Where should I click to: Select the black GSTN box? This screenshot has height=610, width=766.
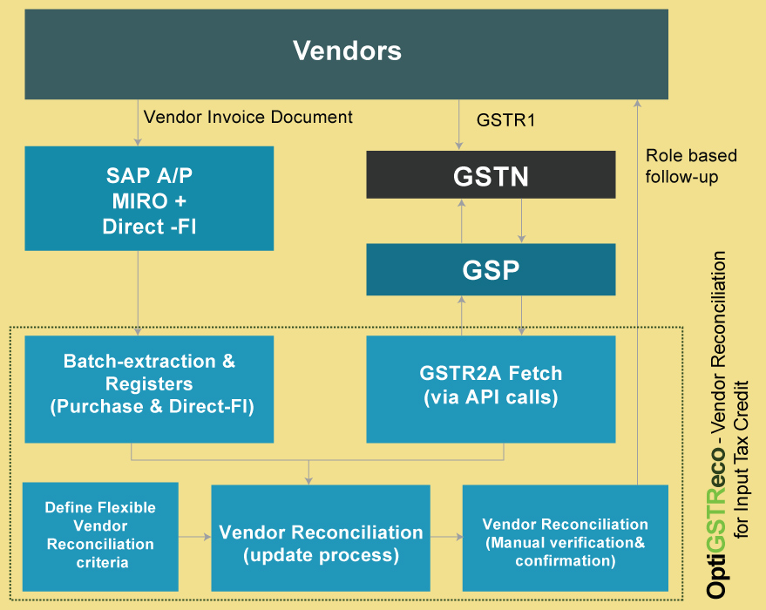[491, 176]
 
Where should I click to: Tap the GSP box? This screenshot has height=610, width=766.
[491, 269]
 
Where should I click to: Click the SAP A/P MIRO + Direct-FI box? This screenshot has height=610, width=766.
[148, 199]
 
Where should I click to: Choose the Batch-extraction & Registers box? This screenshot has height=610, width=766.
[148, 383]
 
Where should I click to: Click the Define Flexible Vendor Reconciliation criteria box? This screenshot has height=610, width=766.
[100, 536]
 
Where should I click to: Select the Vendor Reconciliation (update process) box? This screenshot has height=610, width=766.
[321, 542]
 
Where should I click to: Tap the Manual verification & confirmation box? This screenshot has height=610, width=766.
[565, 542]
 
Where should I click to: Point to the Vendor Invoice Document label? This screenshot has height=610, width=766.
[248, 117]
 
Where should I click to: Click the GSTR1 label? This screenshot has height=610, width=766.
[505, 119]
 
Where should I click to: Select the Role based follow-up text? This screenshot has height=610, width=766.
[691, 166]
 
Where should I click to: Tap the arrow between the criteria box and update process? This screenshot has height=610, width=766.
[194, 537]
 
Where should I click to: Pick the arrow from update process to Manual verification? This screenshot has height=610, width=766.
[446, 537]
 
